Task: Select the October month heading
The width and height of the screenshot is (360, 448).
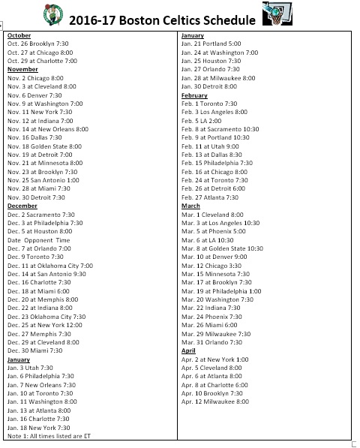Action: coord(20,35)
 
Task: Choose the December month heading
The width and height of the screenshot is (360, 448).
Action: coord(23,205)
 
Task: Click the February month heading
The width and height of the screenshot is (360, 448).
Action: coord(194,95)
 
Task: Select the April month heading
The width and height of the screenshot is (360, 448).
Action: coord(189,350)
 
